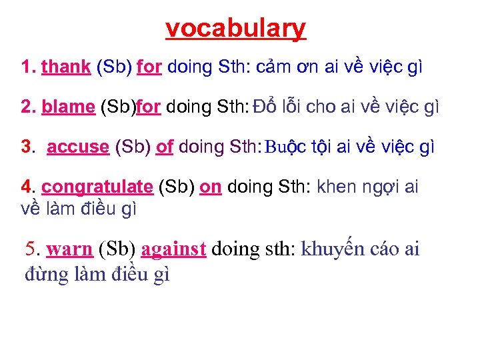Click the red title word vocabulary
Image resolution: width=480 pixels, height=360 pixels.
click(x=236, y=29)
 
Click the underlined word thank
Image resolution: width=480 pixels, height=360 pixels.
click(x=66, y=67)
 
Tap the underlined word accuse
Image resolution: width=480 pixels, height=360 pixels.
click(x=78, y=147)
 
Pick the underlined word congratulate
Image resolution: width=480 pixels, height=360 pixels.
click(x=97, y=187)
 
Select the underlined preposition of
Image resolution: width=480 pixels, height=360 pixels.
click(x=164, y=147)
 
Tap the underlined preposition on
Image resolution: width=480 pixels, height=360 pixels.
click(x=211, y=187)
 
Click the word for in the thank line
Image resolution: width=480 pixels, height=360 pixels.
click(x=149, y=67)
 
